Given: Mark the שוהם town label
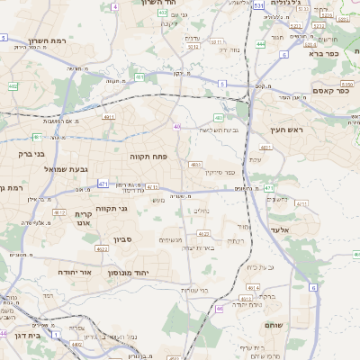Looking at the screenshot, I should tap(275, 323).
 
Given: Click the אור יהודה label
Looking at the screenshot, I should tap(60, 270).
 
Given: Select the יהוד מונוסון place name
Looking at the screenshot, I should tap(128, 272).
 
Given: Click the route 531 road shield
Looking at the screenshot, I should tap(259, 5).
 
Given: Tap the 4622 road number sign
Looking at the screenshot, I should tap(102, 248).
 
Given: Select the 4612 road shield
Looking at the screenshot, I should tap(59, 212).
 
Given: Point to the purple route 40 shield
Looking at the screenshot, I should tap(177, 127).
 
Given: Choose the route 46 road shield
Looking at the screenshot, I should tap(220, 309).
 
